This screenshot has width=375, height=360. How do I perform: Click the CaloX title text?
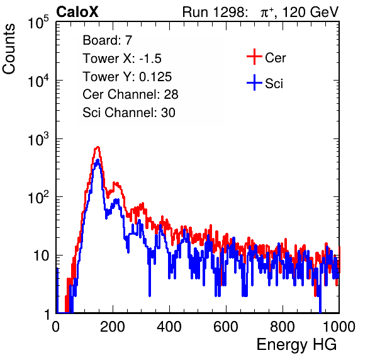[77, 12]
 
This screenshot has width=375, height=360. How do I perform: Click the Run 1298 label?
[215, 12]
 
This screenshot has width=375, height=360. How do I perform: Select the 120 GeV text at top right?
[310, 12]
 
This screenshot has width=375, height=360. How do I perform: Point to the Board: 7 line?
[108, 40]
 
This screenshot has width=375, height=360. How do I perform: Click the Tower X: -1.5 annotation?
[122, 59]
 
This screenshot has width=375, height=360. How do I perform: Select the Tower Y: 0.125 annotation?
[127, 77]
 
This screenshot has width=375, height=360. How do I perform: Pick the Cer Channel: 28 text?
[130, 94]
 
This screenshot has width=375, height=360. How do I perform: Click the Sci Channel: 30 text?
[129, 113]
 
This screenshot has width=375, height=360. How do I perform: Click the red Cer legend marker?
[254, 57]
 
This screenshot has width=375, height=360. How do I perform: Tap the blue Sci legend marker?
[254, 83]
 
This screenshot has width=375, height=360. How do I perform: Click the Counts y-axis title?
[9, 49]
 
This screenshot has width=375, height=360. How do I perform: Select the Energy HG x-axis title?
[296, 345]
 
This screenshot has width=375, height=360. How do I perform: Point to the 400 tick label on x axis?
[169, 327]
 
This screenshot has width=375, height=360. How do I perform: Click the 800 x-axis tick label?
[283, 327]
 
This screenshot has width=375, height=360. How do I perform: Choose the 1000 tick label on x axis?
[339, 327]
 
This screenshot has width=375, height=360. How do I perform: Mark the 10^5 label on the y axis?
[38, 22]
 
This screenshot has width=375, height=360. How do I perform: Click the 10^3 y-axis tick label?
[38, 139]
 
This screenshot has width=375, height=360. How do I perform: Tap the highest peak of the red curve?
[98, 147]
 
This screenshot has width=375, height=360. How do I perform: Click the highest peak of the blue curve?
[98, 160]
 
